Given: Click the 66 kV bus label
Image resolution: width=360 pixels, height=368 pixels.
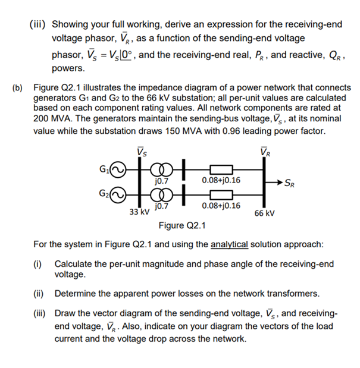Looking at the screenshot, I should point(264,212).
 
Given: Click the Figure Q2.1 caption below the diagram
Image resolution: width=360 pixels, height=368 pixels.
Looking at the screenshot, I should point(182,227).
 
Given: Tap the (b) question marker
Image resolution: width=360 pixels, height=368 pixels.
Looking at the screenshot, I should point(18,88).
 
